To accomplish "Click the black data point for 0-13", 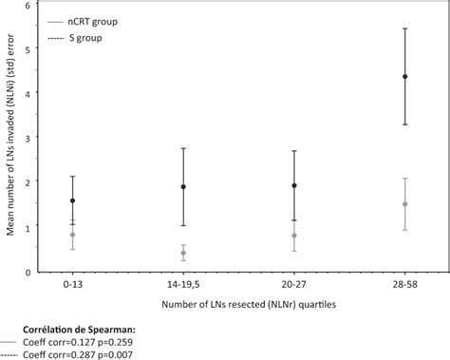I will pyautogui.click(x=72, y=200).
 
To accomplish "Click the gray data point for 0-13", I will pyautogui.click(x=72, y=235).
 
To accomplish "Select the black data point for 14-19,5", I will pyautogui.click(x=183, y=187).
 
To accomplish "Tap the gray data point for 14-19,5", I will pyautogui.click(x=183, y=253).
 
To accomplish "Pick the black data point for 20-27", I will pyautogui.click(x=294, y=186).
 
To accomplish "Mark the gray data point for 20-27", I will pyautogui.click(x=294, y=236).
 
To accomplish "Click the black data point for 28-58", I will pyautogui.click(x=405, y=77).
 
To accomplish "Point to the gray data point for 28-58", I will pyautogui.click(x=405, y=204).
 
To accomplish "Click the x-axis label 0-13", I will pyautogui.click(x=72, y=284).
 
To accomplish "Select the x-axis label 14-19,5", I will pyautogui.click(x=183, y=284).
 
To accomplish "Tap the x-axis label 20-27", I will pyautogui.click(x=294, y=284).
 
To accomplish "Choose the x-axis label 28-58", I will pyautogui.click(x=405, y=284).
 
